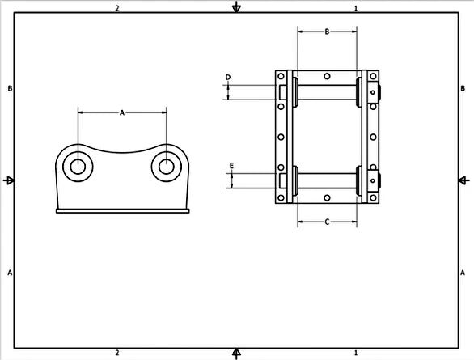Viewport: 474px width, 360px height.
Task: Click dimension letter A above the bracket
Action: coord(122,113)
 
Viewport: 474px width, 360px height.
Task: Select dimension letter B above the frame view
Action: coord(327,32)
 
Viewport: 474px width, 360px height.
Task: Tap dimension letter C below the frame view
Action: coord(327,221)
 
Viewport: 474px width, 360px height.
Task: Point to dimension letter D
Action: coord(228,78)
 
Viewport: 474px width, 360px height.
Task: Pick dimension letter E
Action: coord(232,166)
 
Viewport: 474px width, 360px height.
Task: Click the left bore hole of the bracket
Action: coord(78,167)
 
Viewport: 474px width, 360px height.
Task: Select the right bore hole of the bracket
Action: coord(166,167)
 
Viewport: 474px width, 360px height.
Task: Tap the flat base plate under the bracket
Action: coord(122,212)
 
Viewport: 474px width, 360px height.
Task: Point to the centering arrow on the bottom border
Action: coord(236,353)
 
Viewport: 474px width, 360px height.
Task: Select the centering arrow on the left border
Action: coord(7,180)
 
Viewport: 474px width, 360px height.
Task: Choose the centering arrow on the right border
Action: coord(466,180)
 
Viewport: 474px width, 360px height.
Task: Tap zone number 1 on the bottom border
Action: coord(356,353)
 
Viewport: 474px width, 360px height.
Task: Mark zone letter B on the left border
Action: coord(9,87)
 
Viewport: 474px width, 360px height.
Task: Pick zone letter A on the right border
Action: coord(463,273)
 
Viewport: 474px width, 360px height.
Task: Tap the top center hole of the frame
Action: coord(327,76)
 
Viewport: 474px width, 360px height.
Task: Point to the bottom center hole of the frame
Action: coord(327,197)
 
